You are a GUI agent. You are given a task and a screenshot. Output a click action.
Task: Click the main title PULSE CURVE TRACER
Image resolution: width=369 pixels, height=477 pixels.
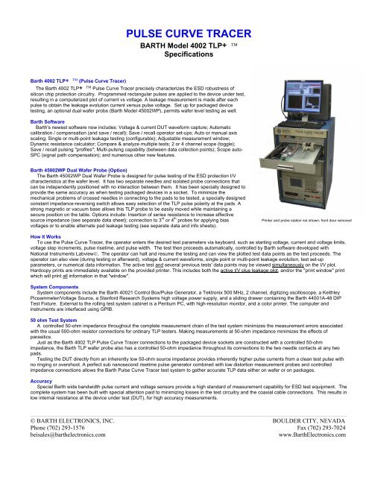click(184, 34)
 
